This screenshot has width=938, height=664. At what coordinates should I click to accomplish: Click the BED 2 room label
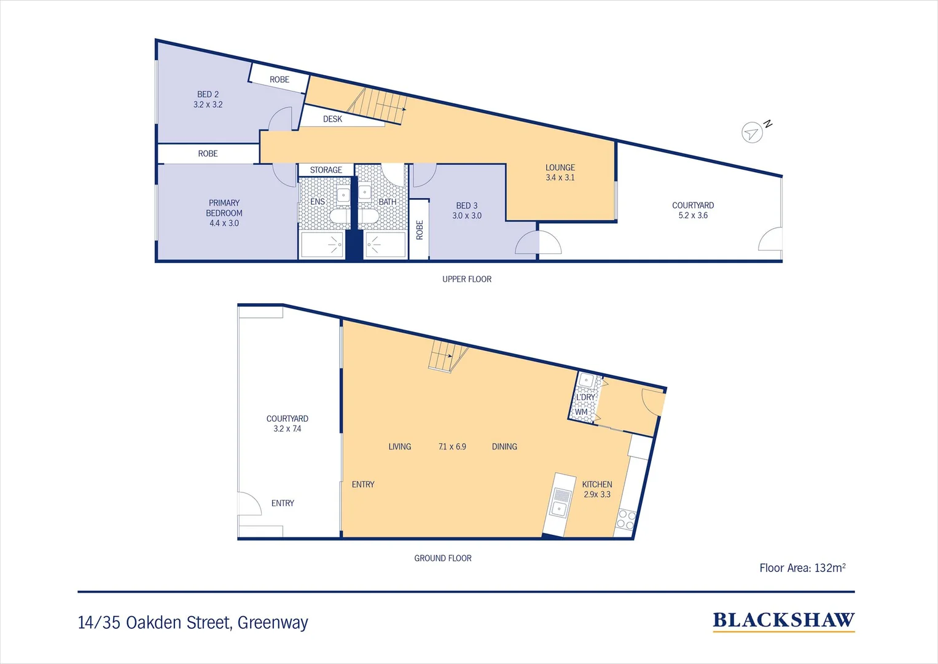tap(208, 99)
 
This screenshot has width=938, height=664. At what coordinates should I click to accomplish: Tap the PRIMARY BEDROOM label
tap(224, 213)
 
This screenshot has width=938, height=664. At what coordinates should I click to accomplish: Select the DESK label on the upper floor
tap(332, 119)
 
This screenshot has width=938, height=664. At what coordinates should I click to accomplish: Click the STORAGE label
tap(326, 170)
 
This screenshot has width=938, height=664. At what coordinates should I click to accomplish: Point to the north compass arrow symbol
tap(752, 132)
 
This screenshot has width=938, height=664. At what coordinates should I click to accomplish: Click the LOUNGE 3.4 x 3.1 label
tap(560, 172)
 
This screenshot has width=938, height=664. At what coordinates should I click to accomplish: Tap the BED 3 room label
tap(467, 210)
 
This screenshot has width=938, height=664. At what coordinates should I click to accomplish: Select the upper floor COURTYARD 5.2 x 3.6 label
tap(693, 210)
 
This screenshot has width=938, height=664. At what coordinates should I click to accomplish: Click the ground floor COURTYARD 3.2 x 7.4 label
tap(287, 424)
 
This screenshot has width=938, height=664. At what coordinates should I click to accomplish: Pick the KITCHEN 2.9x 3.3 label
tap(597, 489)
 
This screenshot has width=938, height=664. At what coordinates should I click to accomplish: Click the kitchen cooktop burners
tap(625, 520)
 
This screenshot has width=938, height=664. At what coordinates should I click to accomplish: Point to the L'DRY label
tap(585, 397)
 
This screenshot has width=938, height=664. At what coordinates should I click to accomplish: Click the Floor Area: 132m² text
tap(802, 568)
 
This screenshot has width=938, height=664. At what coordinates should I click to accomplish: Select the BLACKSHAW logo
tap(783, 621)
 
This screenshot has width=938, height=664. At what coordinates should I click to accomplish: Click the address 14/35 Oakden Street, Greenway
tap(193, 623)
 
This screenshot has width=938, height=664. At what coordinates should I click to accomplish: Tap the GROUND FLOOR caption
tap(443, 558)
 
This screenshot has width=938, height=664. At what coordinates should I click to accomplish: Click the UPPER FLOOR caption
tap(467, 279)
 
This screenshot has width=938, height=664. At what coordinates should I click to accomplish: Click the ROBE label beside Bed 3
tap(420, 230)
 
